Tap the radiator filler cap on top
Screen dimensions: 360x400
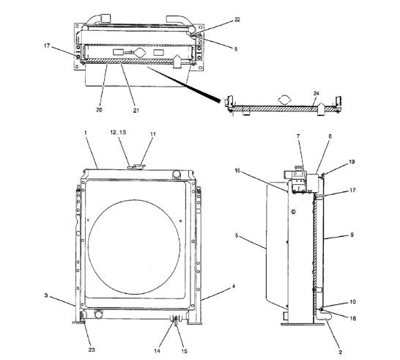click(x=136, y=166)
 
